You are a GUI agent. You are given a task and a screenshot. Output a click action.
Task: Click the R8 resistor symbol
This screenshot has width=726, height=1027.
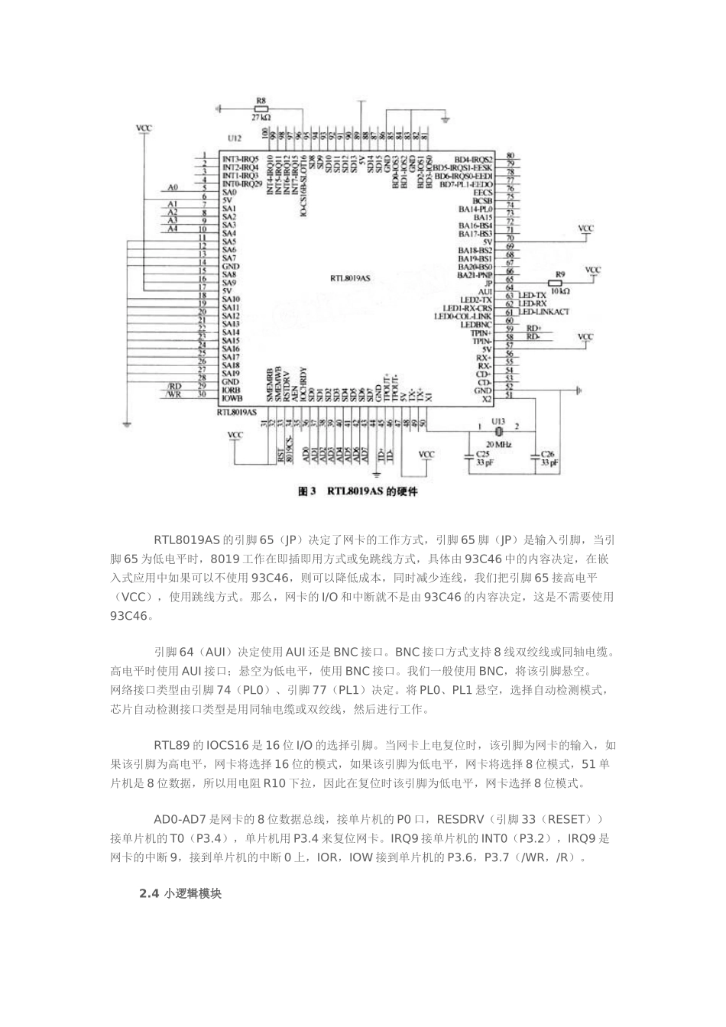(261, 109)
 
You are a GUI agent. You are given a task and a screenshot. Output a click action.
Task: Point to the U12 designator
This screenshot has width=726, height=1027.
(234, 138)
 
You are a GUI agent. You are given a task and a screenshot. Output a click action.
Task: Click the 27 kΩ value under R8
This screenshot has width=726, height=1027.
(261, 118)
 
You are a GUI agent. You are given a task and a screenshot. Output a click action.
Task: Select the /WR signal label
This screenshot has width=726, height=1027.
(173, 394)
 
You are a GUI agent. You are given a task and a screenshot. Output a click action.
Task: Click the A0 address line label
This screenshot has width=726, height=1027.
(173, 187)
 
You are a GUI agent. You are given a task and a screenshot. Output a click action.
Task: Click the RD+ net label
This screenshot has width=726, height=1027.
(533, 328)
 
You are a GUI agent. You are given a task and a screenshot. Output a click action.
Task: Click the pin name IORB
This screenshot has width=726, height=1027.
(232, 390)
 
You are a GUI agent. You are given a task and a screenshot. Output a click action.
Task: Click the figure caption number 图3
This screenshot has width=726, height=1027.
(306, 492)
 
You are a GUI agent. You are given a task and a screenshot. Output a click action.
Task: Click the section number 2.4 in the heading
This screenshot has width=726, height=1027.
(147, 893)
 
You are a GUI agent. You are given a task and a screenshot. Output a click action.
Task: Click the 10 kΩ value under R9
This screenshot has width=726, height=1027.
(559, 291)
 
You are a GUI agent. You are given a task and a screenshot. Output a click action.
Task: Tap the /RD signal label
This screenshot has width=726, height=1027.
(173, 386)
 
